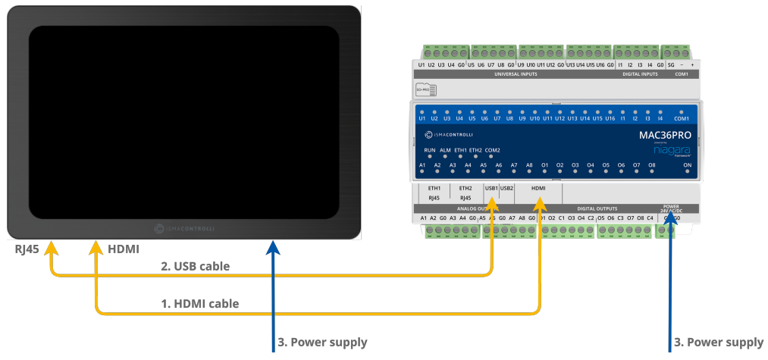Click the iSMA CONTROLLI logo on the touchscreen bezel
[x=184, y=227]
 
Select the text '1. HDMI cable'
[x=200, y=304]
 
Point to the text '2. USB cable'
[x=195, y=266]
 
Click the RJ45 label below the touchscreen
[x=27, y=249]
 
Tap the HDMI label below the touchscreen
[x=124, y=249]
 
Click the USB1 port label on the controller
[x=491, y=187]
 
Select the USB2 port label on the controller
[x=507, y=187]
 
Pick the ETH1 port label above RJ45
[x=434, y=187]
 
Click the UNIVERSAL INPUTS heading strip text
[x=516, y=74]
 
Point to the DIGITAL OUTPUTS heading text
[x=597, y=208]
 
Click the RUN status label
[x=429, y=150]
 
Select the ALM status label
[x=445, y=150]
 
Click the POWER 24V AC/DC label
[x=671, y=208]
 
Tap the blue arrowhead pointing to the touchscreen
[x=274, y=247]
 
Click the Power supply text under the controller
[x=719, y=343]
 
